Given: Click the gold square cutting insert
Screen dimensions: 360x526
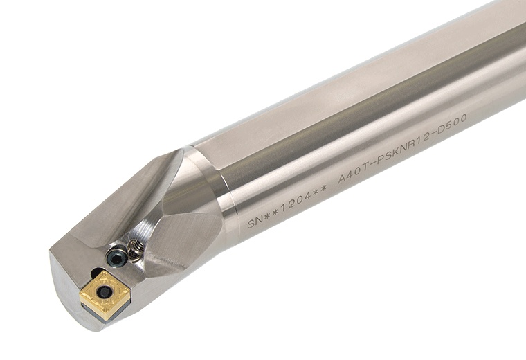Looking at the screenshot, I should (x=104, y=294).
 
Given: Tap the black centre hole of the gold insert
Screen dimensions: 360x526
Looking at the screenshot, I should (x=105, y=292).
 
